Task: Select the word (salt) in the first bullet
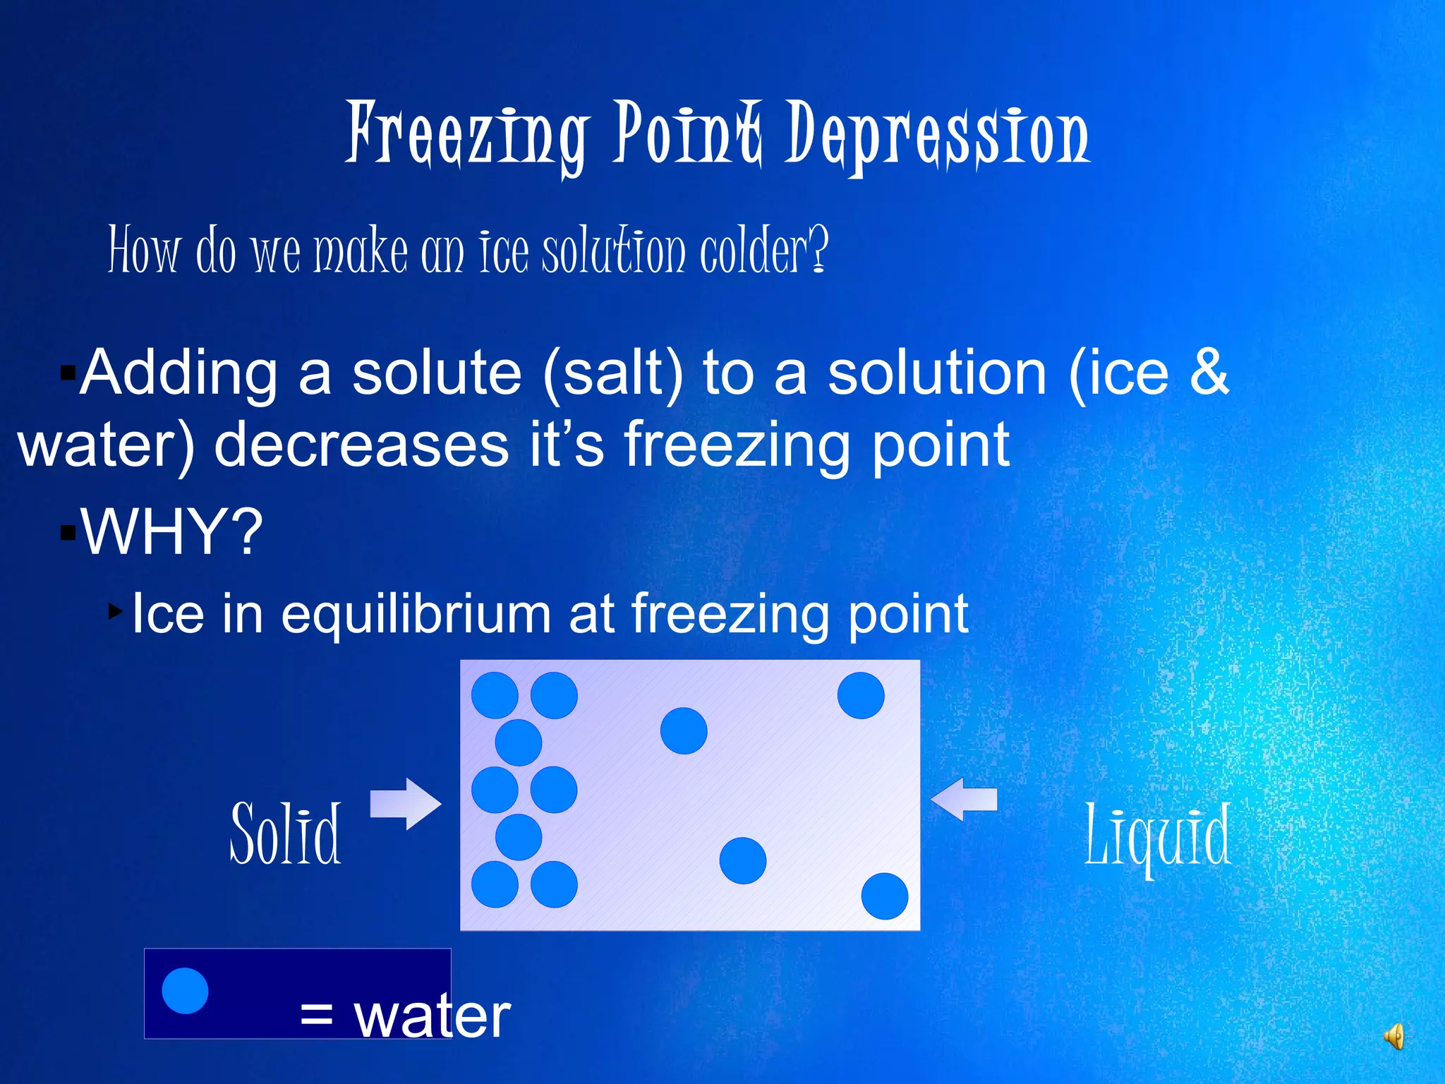pyautogui.click(x=613, y=374)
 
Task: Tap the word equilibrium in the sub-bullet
pyautogui.click(x=416, y=614)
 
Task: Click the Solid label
pyautogui.click(x=286, y=834)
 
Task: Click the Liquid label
pyautogui.click(x=1158, y=836)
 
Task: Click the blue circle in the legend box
pyautogui.click(x=185, y=991)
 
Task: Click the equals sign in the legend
pyautogui.click(x=315, y=1016)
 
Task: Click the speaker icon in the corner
pyautogui.click(x=1394, y=1037)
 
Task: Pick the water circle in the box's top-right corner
pyautogui.click(x=861, y=695)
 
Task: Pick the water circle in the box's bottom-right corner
pyautogui.click(x=885, y=896)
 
